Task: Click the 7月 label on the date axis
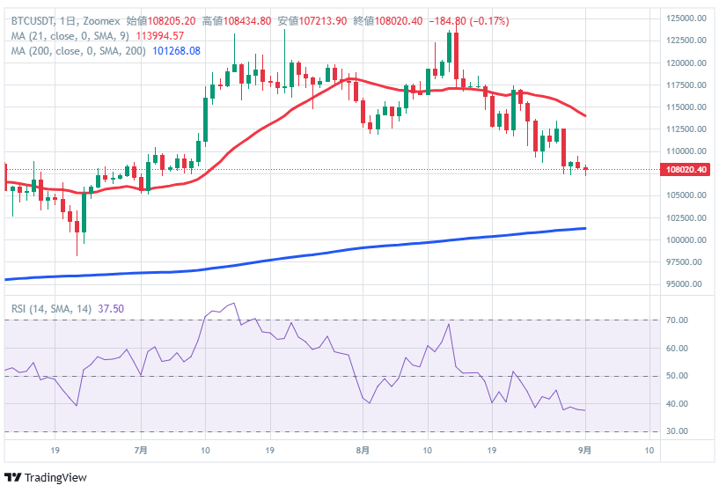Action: coord(141,450)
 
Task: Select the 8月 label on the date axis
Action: coord(363,450)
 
